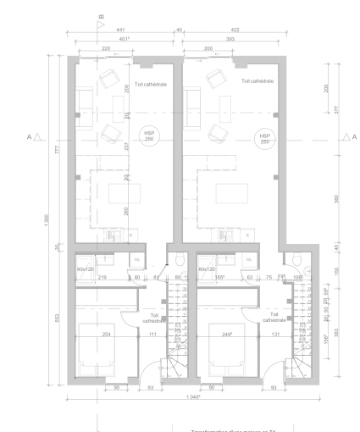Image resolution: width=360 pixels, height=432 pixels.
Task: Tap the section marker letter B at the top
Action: [101, 16]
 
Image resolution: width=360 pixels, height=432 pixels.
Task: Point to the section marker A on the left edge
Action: [30, 136]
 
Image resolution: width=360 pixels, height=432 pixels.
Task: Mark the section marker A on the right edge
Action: [355, 136]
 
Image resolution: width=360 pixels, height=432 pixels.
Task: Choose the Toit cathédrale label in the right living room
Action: [258, 82]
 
